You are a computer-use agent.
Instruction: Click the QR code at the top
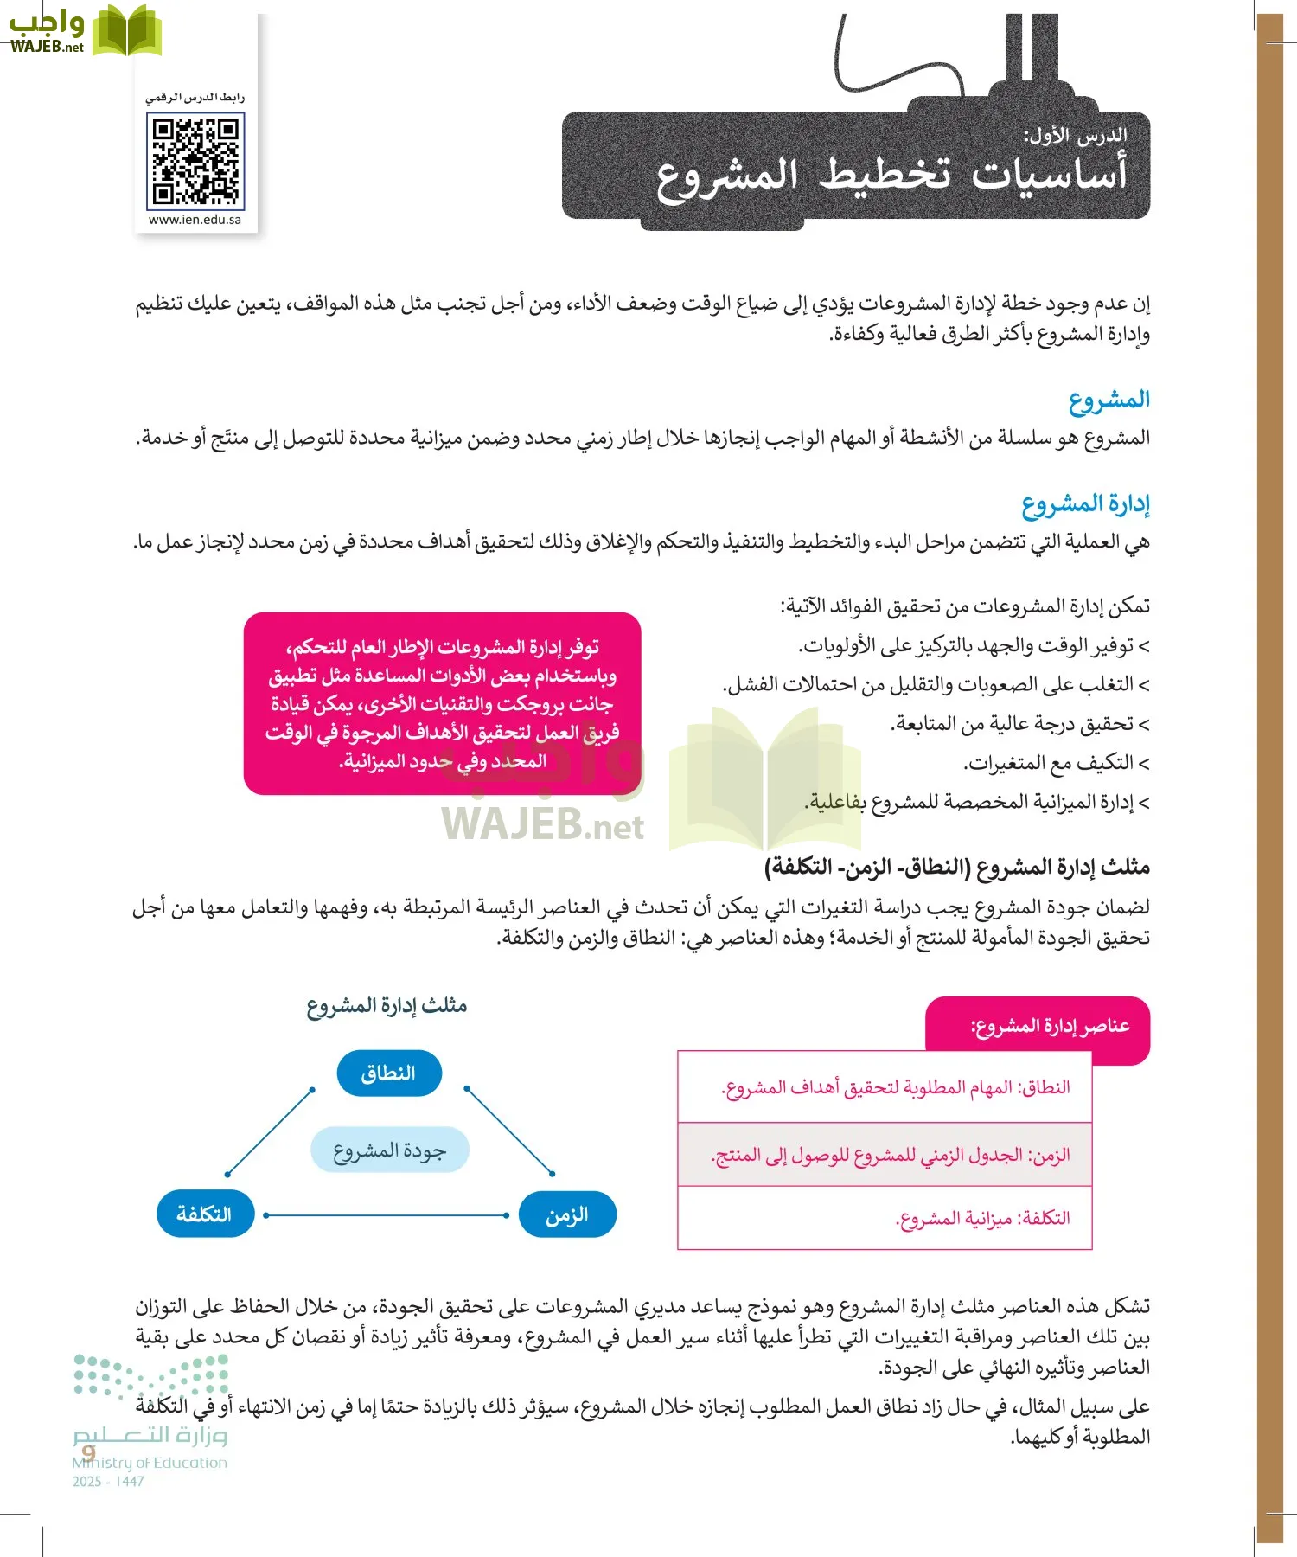tap(195, 162)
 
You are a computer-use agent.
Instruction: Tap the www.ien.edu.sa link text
tap(195, 220)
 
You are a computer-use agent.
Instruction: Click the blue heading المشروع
tap(1109, 400)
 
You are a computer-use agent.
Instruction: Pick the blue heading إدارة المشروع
tap(1085, 504)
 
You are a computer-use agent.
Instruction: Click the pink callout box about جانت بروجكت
tap(442, 703)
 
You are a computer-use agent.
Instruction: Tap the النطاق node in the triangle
tap(389, 1073)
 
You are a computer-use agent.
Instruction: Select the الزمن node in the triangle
tap(567, 1214)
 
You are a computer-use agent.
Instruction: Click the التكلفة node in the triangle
tap(205, 1214)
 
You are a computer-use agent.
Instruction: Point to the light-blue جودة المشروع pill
tap(389, 1150)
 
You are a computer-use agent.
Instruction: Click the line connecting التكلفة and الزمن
tap(387, 1215)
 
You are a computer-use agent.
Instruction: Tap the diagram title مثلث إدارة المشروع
tap(387, 1006)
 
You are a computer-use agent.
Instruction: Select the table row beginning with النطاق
tap(885, 1087)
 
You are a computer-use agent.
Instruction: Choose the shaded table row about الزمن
tap(885, 1156)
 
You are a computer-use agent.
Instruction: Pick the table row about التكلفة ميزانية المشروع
tap(885, 1219)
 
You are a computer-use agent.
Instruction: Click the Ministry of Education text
tap(150, 1463)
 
